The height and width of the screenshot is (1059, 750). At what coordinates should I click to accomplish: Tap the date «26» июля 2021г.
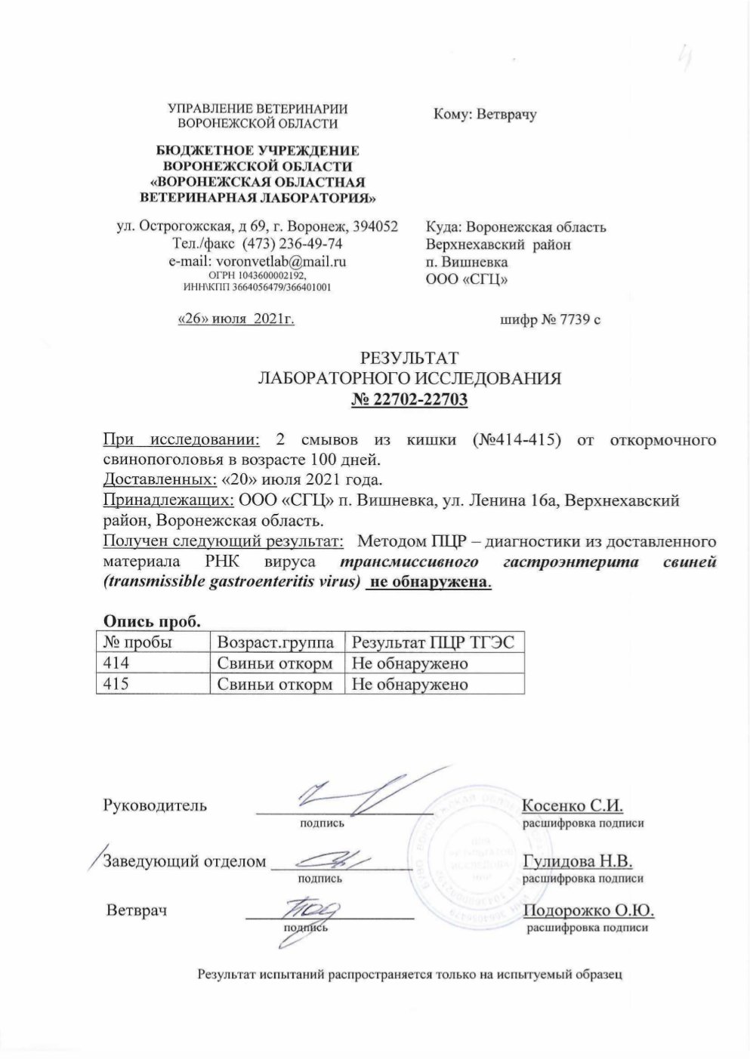234,319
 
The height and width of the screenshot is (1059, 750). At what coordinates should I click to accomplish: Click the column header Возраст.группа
276,642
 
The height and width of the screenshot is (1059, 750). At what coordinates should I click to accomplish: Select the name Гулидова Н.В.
577,861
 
